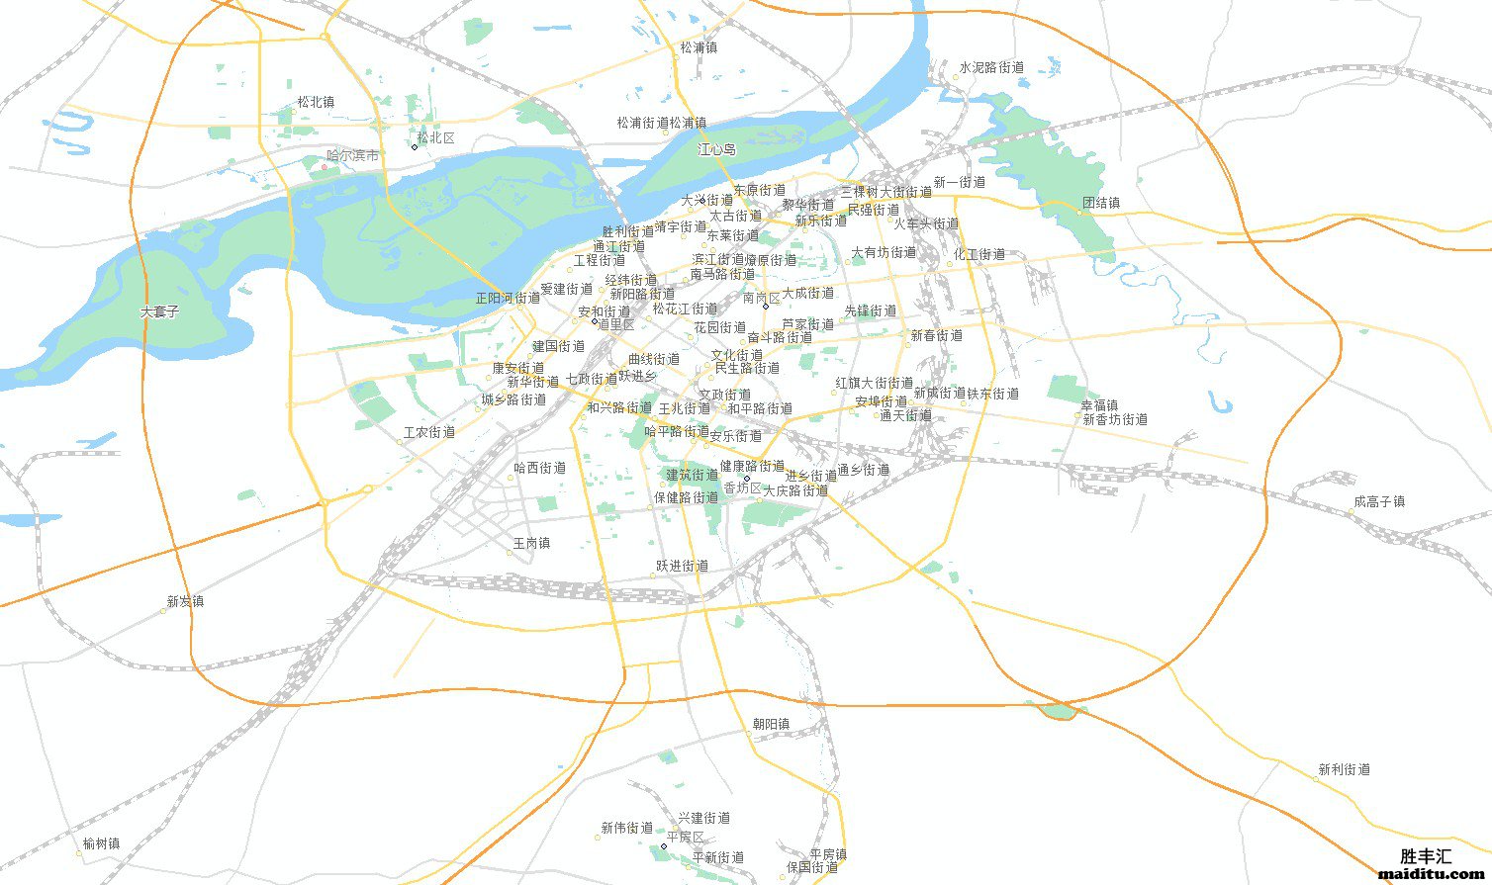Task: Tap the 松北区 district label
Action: pos(435,138)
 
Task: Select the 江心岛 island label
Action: pos(717,150)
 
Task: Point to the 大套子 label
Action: pos(160,311)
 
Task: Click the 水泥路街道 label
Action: pos(991,68)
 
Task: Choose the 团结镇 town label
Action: pos(1101,203)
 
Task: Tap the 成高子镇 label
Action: pos(1379,502)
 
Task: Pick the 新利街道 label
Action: pos(1345,769)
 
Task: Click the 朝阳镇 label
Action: pos(771,724)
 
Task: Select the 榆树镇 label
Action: pos(101,844)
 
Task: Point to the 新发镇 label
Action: pos(185,601)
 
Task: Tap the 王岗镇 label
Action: pos(531,544)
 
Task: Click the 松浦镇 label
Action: pos(699,47)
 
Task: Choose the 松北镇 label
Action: pos(316,102)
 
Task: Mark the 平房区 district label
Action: pos(685,838)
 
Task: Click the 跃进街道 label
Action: pos(683,567)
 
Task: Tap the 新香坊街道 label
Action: pos(1115,419)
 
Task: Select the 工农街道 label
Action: pos(429,432)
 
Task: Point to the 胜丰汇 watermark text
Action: pos(1426,856)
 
